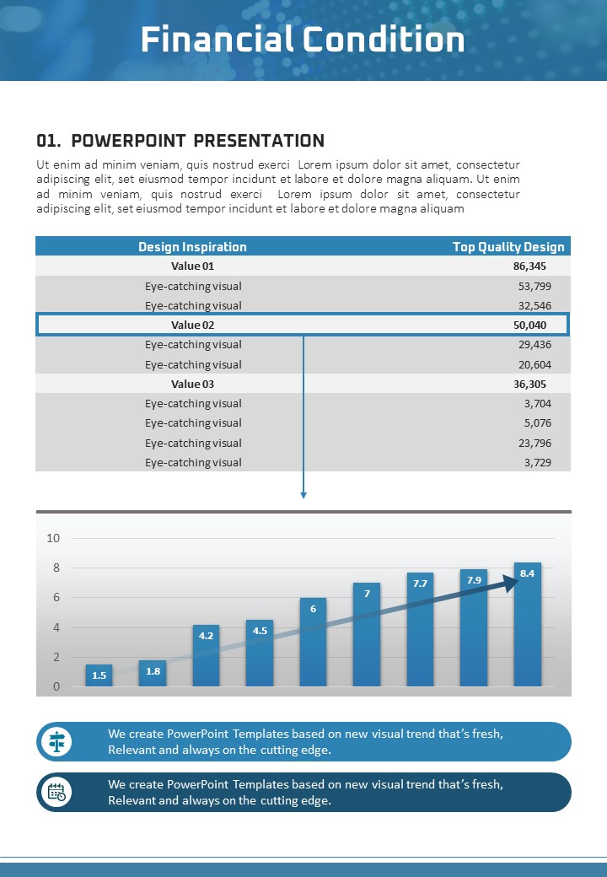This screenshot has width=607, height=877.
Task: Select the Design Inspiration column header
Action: click(x=192, y=247)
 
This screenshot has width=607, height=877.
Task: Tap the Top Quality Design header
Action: click(x=508, y=247)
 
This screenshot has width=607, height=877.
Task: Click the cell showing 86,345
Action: click(x=529, y=266)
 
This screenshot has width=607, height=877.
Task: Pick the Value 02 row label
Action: click(x=193, y=325)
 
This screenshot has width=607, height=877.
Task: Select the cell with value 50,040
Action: click(x=529, y=325)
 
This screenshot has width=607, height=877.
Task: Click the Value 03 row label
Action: click(x=193, y=384)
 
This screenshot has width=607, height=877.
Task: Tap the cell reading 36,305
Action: click(x=529, y=384)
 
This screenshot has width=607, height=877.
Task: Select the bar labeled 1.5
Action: click(x=99, y=675)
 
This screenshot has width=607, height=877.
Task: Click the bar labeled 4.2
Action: click(x=206, y=656)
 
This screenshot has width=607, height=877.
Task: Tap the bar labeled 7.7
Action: click(x=420, y=630)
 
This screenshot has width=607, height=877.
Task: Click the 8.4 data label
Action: click(x=528, y=573)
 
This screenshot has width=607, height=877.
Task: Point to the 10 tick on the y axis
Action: click(x=53, y=538)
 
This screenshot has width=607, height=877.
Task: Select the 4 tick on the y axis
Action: click(x=56, y=627)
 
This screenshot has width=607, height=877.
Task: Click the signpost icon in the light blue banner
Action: click(x=58, y=742)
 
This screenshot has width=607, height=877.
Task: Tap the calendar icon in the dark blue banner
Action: click(x=58, y=793)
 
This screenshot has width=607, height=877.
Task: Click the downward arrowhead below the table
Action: click(x=303, y=494)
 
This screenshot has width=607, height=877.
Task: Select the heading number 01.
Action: click(x=49, y=141)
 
